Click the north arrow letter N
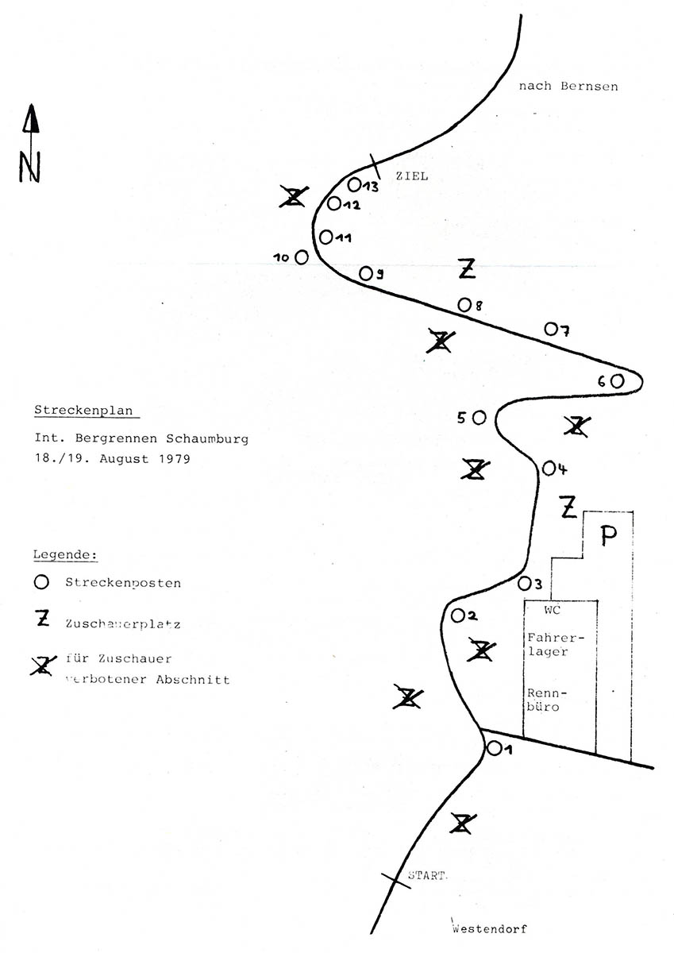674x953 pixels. (x=30, y=167)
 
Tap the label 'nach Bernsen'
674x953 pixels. (x=568, y=87)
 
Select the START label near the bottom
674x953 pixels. (x=428, y=877)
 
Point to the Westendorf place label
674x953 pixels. (x=490, y=928)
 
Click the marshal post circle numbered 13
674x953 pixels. (x=355, y=185)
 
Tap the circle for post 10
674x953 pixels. (x=302, y=257)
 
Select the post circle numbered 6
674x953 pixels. (x=617, y=381)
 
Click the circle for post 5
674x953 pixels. (x=479, y=417)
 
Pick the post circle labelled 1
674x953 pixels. (x=494, y=748)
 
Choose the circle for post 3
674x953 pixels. (x=524, y=584)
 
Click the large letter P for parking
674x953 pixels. (x=608, y=537)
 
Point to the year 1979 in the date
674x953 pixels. (x=173, y=459)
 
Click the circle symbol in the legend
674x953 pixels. (x=42, y=581)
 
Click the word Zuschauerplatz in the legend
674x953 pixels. (x=124, y=624)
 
